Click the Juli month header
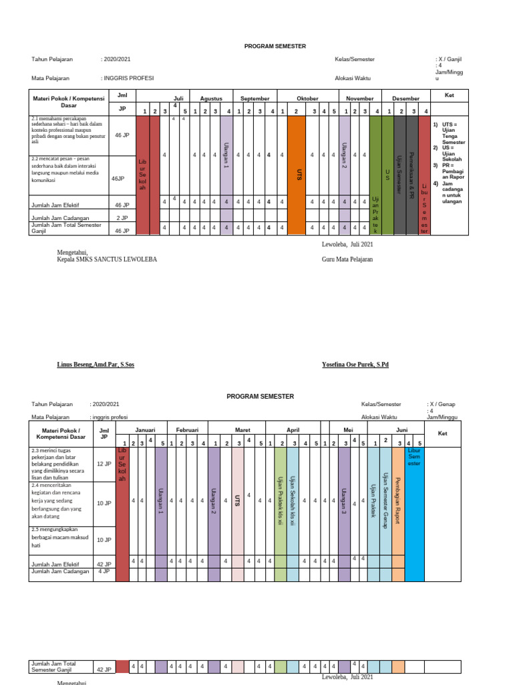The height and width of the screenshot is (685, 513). click(178, 98)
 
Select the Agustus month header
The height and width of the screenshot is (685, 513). click(211, 98)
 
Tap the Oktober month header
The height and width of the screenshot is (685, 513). click(307, 98)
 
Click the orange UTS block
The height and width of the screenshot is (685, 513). click(300, 173)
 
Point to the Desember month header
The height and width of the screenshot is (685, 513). click(406, 98)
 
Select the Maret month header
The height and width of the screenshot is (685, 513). click(241, 429)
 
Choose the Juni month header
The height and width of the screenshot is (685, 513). click(401, 429)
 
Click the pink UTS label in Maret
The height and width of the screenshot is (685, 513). click(237, 500)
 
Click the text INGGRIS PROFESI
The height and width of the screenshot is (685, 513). click(128, 78)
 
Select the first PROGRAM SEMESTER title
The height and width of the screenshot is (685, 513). click(275, 45)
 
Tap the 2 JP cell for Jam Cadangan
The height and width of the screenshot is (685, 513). click(122, 217)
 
